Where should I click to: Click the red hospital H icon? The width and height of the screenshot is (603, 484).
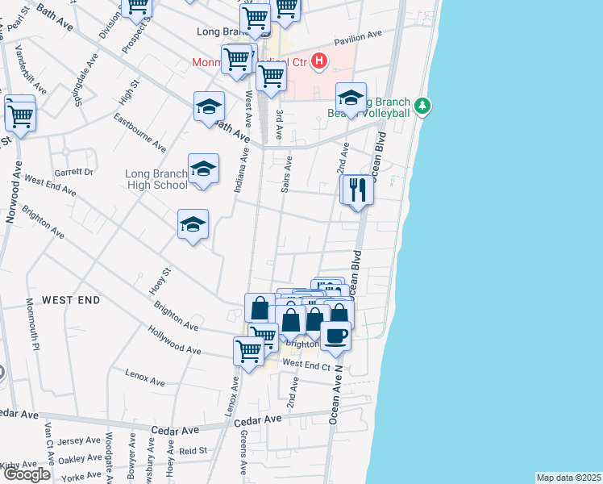pos(320,60)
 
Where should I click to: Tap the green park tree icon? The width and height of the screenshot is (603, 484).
pos(422,106)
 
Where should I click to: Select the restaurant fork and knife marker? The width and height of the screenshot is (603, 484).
pos(357,190)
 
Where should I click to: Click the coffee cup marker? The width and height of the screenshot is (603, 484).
pos(335,334)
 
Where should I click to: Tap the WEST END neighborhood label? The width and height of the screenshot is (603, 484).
pos(71,300)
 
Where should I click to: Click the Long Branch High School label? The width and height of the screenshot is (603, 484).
pos(156,179)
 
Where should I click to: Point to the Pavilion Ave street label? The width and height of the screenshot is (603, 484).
pos(358,36)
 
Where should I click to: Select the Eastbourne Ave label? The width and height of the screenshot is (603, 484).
pos(139,132)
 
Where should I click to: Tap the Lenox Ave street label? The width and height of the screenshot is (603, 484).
pos(145,374)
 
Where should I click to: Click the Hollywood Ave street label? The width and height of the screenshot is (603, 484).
pos(174,340)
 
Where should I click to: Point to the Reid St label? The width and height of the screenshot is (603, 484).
pos(193,451)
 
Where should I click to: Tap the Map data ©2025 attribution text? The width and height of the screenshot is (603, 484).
pos(568,478)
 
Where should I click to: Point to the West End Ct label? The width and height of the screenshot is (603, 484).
pos(307,365)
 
